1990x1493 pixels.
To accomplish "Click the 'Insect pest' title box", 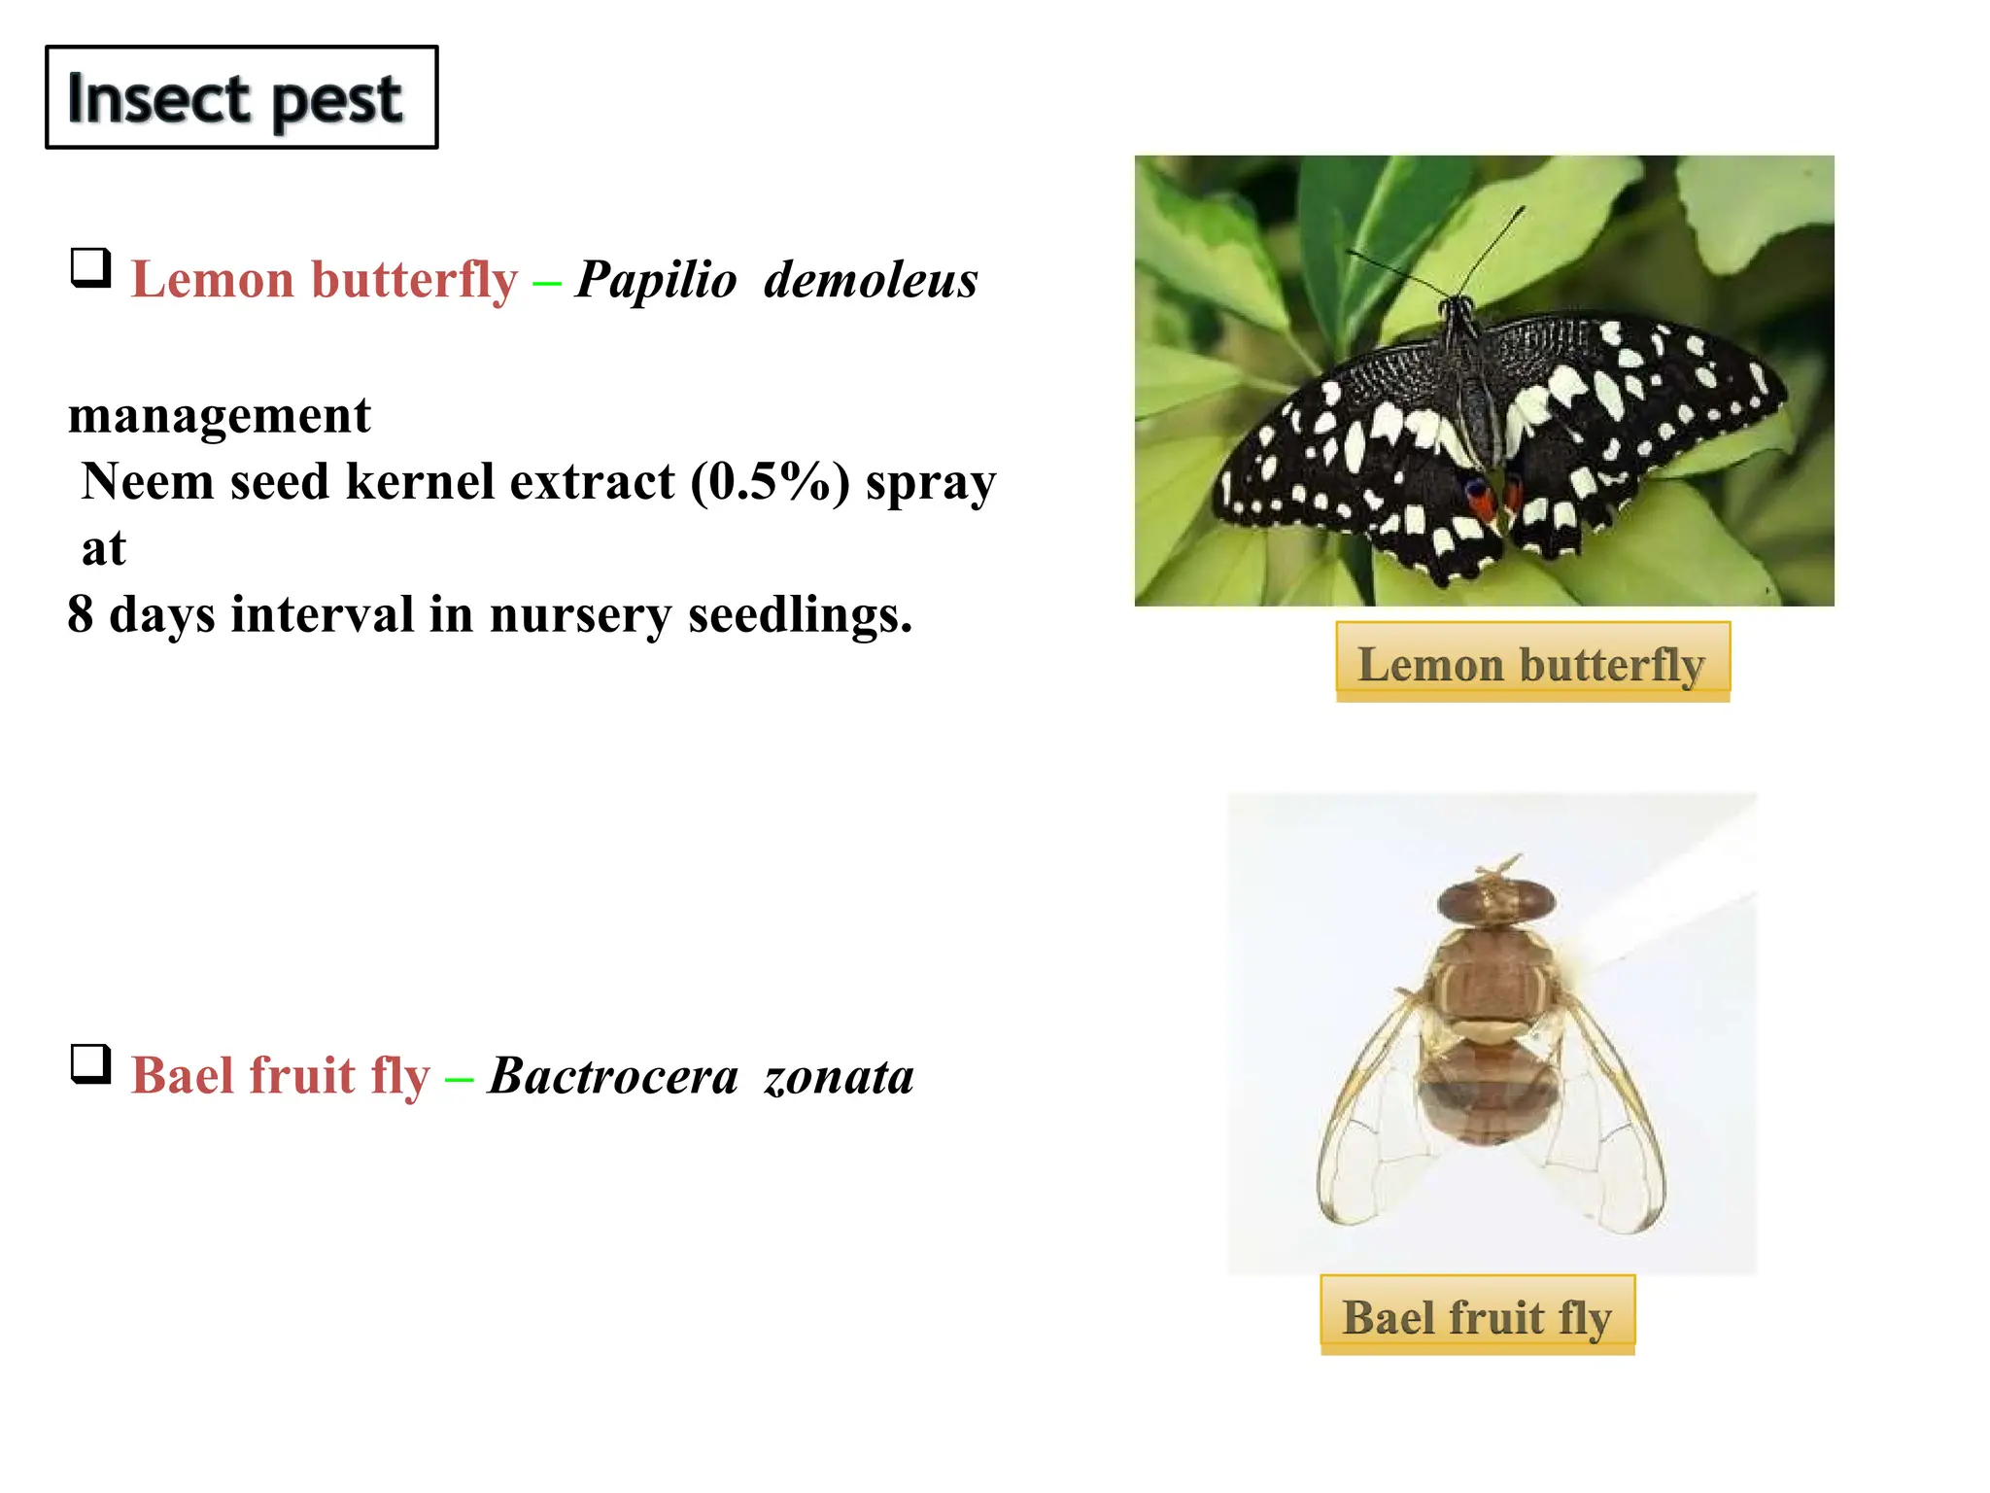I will click(x=241, y=97).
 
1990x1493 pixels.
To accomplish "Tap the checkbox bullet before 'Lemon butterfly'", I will click(x=90, y=267).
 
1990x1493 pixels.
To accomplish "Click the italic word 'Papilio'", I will click(x=656, y=281).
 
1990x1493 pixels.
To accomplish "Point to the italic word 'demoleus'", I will click(x=871, y=281).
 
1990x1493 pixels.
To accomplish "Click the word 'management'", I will click(x=220, y=416).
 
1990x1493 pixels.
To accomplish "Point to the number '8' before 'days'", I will click(x=81, y=615).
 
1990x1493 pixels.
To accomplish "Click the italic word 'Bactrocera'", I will click(x=613, y=1077).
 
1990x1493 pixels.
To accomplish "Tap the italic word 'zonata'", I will click(x=839, y=1077).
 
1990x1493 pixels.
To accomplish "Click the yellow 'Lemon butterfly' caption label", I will click(x=1532, y=663).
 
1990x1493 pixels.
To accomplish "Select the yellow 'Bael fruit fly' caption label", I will click(x=1477, y=1316).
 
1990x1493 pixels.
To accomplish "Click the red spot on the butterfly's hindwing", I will click(x=1480, y=501).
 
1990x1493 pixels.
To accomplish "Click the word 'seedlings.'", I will click(x=801, y=615).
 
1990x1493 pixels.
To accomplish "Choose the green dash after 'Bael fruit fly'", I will click(x=459, y=1079).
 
